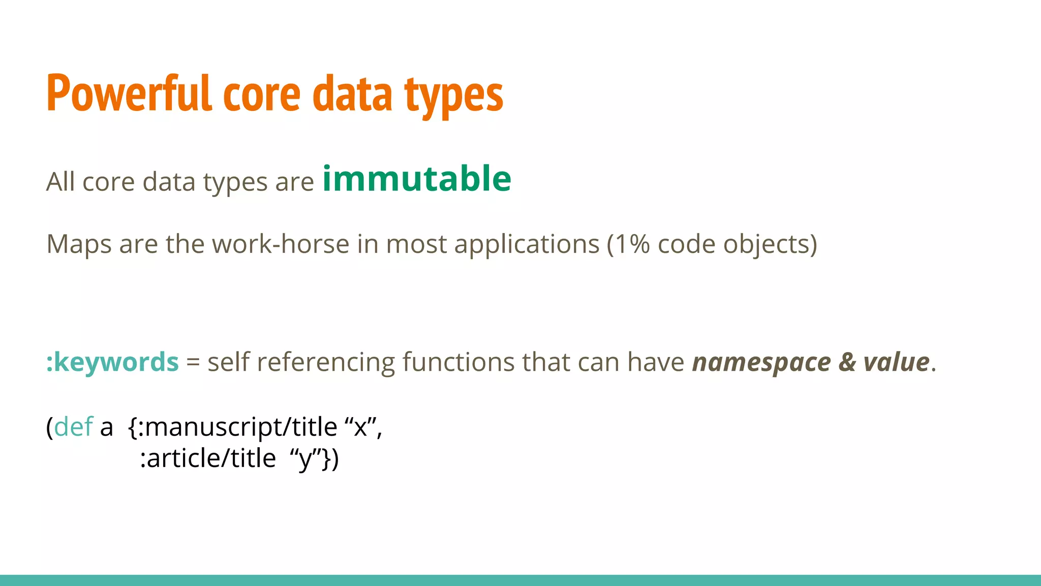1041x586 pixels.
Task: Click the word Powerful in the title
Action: pyautogui.click(x=129, y=94)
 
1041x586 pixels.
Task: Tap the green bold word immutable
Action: pyautogui.click(x=417, y=179)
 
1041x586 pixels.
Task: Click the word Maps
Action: pyautogui.click(x=78, y=244)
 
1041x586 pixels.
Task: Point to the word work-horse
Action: pyautogui.click(x=281, y=244)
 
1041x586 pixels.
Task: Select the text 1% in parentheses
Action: pyautogui.click(x=633, y=244)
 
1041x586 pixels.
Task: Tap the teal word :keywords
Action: pyautogui.click(x=112, y=362)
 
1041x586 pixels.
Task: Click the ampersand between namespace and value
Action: pyautogui.click(x=847, y=362)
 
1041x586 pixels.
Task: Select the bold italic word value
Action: pyautogui.click(x=897, y=362)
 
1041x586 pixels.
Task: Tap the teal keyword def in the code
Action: pyautogui.click(x=74, y=426)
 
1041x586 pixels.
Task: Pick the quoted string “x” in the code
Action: pyautogui.click(x=360, y=426)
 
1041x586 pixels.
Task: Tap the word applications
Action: pyautogui.click(x=527, y=244)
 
